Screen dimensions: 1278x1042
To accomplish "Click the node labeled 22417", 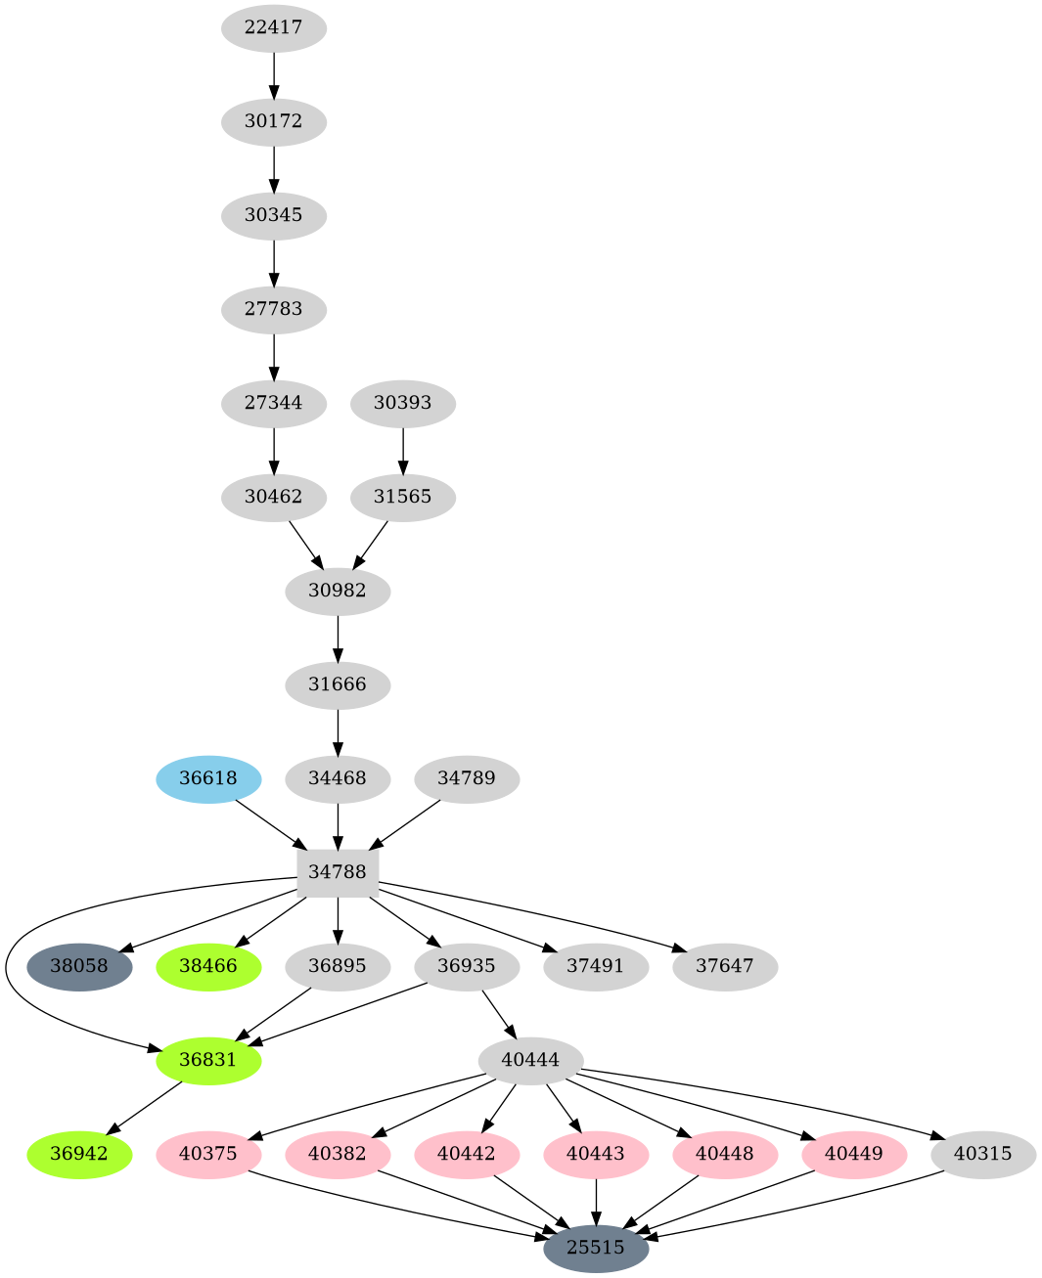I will click(273, 27).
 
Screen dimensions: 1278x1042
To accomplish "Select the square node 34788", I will click(338, 871).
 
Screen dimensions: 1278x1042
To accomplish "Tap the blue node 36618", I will click(208, 778).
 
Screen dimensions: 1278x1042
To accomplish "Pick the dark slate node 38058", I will click(79, 966).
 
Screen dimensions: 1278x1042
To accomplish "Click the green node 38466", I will click(208, 966).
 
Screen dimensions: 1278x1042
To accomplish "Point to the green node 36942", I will click(79, 1154).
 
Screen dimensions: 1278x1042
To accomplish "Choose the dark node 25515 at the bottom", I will click(596, 1248).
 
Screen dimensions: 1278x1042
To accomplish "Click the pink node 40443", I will click(596, 1154).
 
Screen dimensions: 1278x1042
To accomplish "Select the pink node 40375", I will click(208, 1154).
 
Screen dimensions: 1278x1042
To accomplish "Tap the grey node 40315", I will click(983, 1154).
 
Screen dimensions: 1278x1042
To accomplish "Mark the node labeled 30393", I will click(403, 403).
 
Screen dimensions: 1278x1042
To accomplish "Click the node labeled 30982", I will click(338, 591).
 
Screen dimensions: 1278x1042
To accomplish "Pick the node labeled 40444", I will click(531, 1060).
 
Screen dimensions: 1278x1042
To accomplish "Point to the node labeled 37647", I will click(725, 966).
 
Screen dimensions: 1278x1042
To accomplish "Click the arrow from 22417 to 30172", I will click(274, 73).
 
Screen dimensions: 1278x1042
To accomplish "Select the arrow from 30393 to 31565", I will click(403, 449).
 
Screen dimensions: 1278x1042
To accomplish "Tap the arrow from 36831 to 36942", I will click(144, 1107).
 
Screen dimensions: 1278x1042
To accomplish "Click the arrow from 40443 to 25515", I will click(596, 1201).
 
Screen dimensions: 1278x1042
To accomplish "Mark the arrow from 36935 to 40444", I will click(499, 1014).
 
